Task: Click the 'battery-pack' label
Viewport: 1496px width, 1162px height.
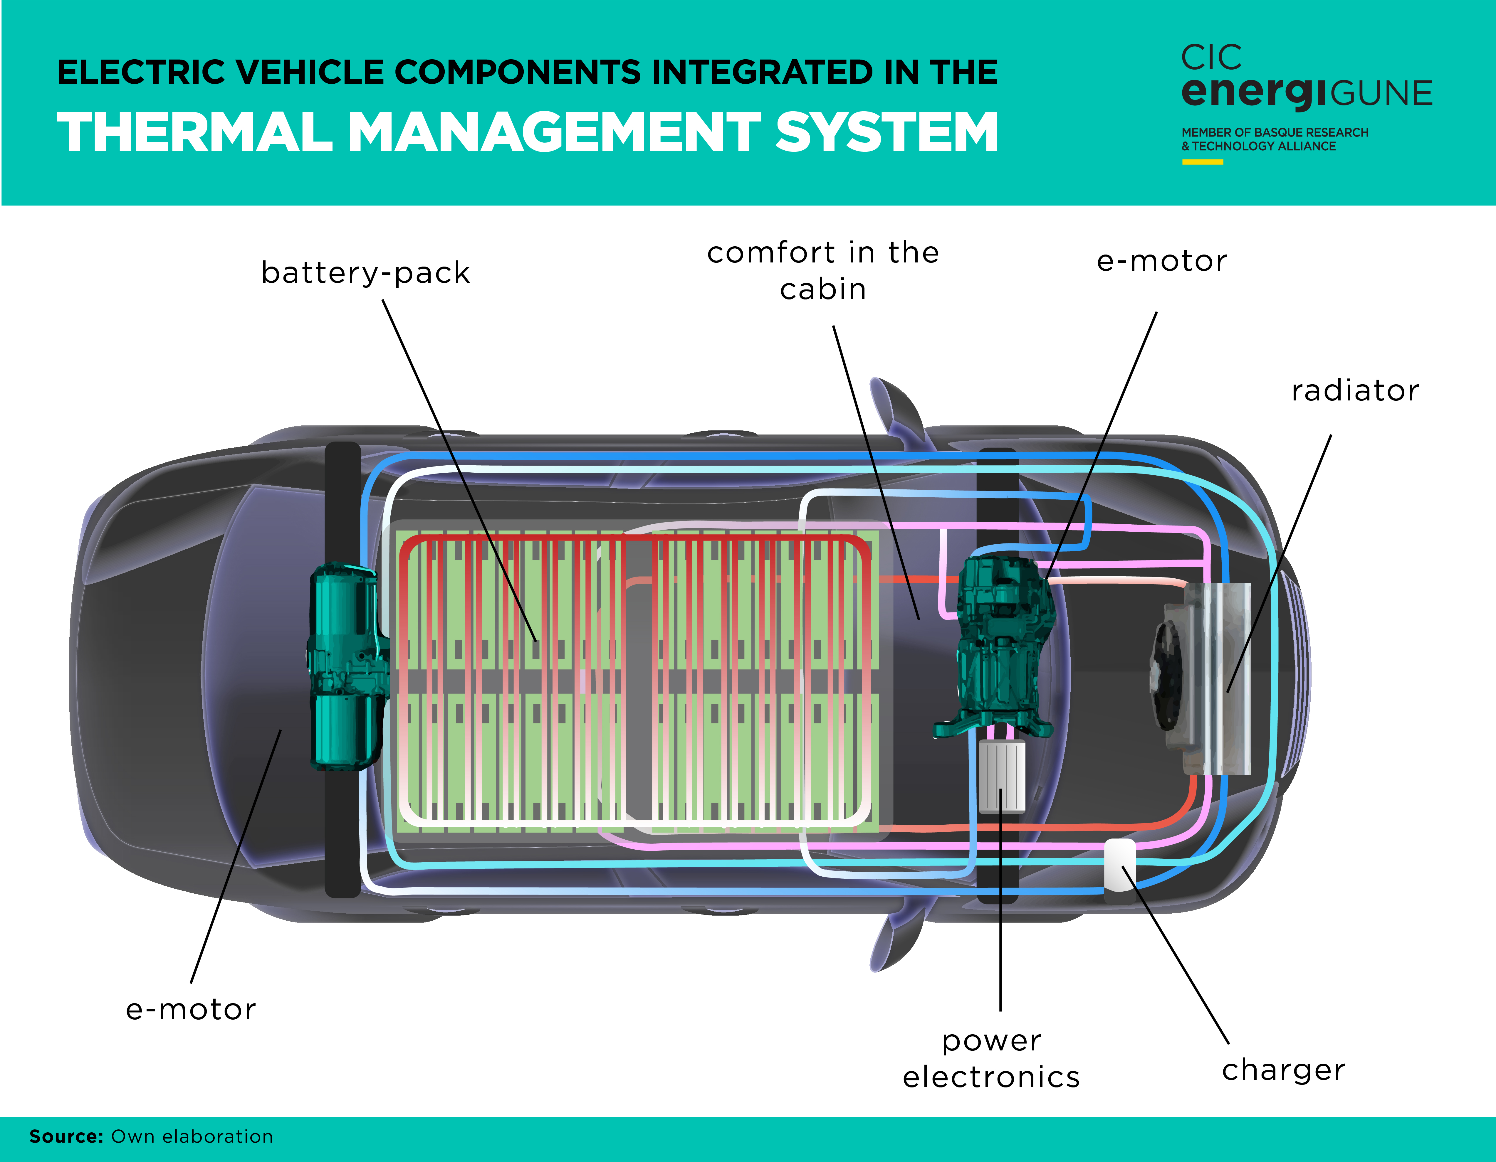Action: (366, 272)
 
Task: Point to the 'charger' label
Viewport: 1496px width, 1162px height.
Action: (1283, 1070)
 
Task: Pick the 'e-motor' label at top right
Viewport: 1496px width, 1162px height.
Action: (1162, 261)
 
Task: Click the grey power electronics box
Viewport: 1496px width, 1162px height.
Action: (1001, 776)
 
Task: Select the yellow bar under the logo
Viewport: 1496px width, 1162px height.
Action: (1202, 162)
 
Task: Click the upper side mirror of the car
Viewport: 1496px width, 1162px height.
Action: (894, 407)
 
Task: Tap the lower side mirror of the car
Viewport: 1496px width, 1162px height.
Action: (894, 942)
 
